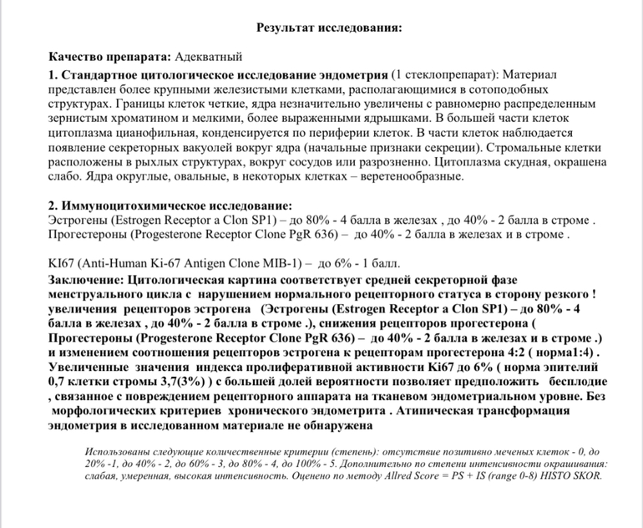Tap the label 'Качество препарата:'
click(x=109, y=57)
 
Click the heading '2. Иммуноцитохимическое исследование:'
click(x=170, y=206)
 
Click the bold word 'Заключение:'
click(x=84, y=279)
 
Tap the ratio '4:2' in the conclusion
click(x=512, y=352)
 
